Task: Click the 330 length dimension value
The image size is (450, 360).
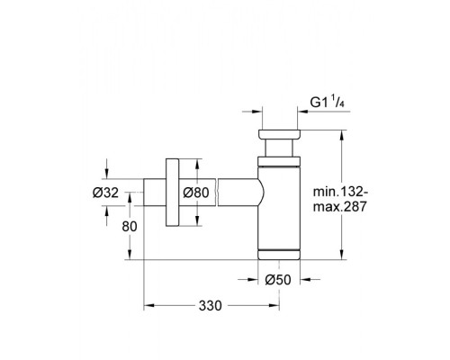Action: [x=209, y=307]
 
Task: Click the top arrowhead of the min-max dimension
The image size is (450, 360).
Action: [x=341, y=135]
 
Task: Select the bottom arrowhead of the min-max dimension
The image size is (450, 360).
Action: [x=341, y=255]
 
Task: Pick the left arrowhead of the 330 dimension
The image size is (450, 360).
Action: [x=149, y=307]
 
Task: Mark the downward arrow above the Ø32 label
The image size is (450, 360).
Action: [x=108, y=173]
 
